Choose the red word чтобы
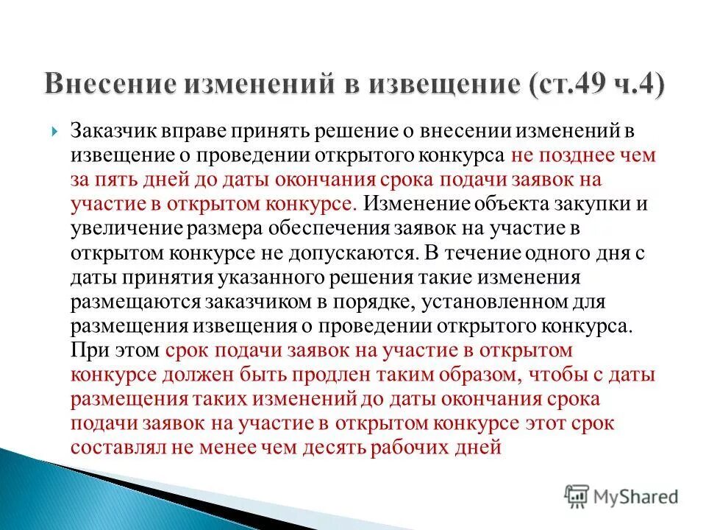click(550, 375)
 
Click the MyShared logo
click(621, 495)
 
